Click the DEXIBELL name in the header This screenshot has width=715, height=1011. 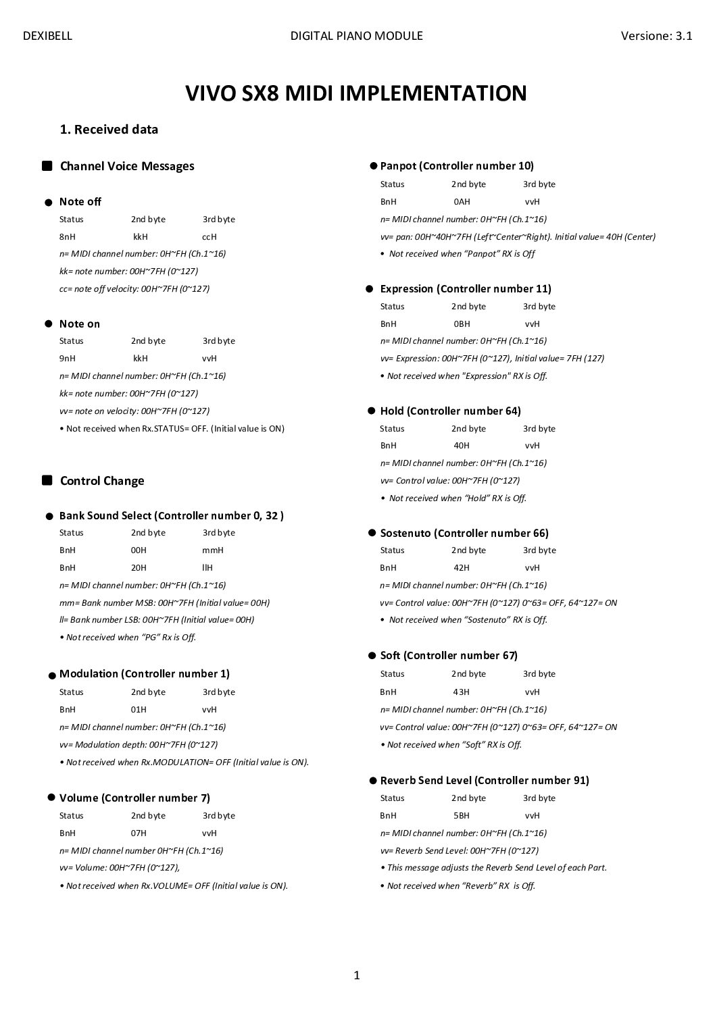(x=47, y=36)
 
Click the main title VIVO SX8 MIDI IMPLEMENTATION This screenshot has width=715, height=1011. (x=356, y=93)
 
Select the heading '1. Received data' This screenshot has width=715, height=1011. (x=109, y=130)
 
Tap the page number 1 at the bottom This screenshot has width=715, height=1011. (x=357, y=975)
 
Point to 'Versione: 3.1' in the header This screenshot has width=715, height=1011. (x=656, y=36)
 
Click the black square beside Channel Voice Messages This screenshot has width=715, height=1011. (x=47, y=166)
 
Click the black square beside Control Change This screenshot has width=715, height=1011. (x=47, y=481)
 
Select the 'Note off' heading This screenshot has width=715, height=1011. (x=80, y=202)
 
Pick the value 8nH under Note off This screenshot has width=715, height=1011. (x=68, y=237)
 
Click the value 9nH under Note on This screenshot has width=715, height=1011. (x=68, y=359)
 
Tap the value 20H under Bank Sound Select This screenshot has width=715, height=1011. (x=139, y=568)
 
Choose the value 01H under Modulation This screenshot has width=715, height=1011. (x=139, y=710)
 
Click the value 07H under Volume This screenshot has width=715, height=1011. (x=139, y=833)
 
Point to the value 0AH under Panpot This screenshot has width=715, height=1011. (x=462, y=202)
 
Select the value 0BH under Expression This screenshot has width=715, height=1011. (x=462, y=324)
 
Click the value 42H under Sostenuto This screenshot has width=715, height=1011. (x=462, y=568)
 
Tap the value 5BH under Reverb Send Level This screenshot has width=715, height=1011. (x=462, y=816)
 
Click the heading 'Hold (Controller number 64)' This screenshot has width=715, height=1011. (x=450, y=411)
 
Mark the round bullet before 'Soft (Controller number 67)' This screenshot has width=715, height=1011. (x=372, y=656)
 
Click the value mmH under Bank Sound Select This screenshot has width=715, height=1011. (x=212, y=550)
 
